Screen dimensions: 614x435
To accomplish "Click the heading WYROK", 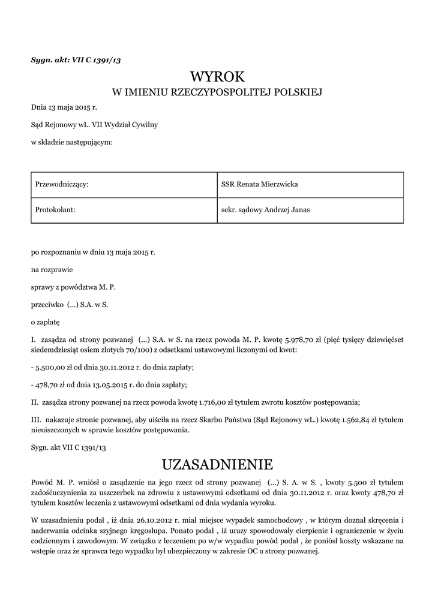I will point(218,77).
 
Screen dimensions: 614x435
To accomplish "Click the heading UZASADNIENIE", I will point(218,464).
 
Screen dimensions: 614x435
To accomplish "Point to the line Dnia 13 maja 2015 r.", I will point(64,107).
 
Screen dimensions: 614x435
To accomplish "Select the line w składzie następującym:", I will point(72,142).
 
